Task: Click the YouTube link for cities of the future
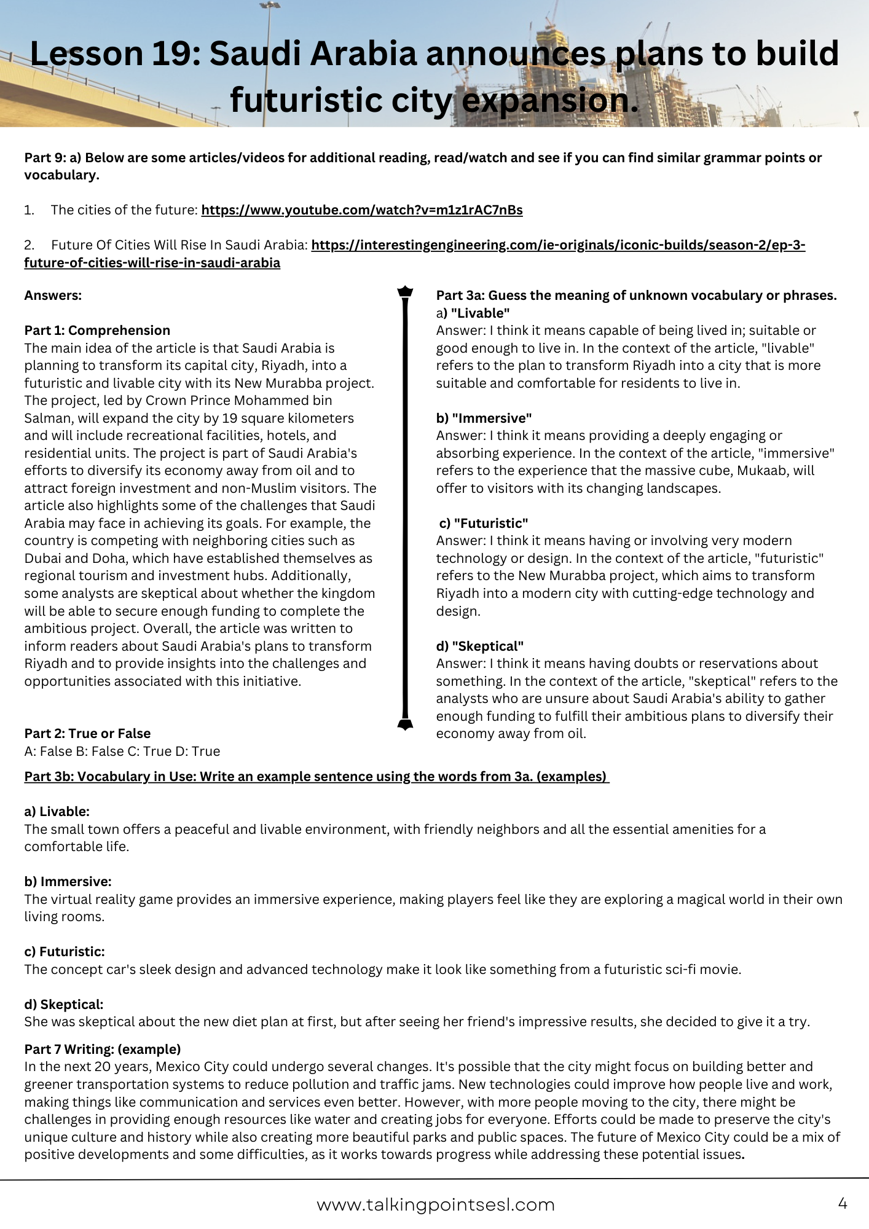tap(361, 210)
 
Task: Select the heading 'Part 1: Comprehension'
tap(97, 331)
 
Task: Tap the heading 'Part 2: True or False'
tap(87, 734)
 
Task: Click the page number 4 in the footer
tap(843, 1203)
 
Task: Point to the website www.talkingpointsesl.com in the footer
tap(435, 1205)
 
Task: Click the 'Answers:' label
tap(53, 296)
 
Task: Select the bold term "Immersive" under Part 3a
tap(492, 418)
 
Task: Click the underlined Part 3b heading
tap(316, 777)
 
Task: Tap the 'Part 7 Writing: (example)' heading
tap(103, 1049)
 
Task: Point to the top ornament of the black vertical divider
tap(405, 291)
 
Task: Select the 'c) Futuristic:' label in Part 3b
tap(65, 952)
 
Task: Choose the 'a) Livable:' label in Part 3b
tap(57, 812)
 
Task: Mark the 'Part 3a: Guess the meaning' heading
tap(636, 296)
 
